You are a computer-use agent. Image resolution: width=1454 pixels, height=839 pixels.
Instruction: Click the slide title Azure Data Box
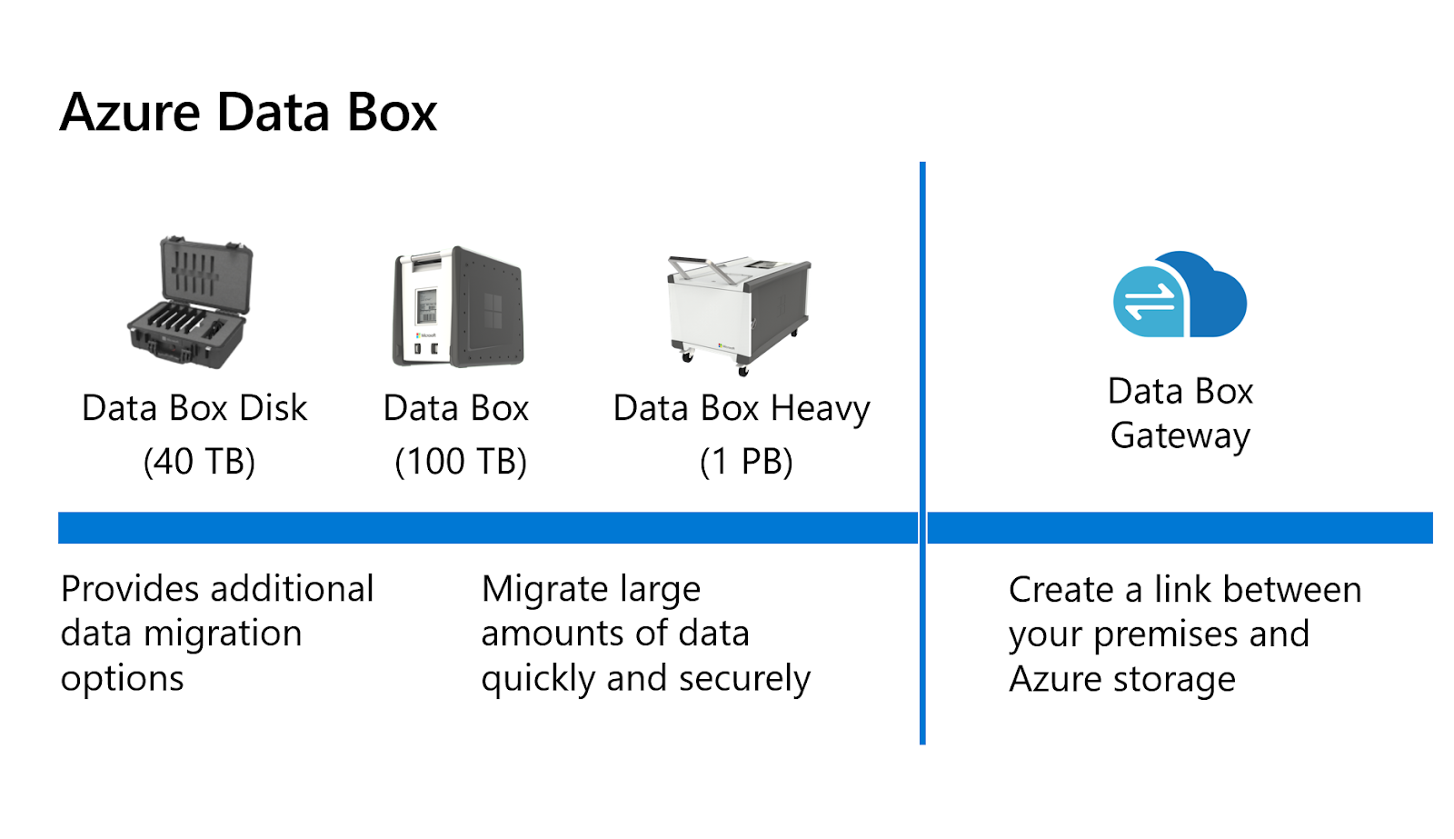[248, 113]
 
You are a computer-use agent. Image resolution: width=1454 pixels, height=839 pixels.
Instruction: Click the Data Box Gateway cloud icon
[1180, 295]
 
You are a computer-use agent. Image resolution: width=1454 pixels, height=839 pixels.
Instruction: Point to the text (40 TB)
[199, 462]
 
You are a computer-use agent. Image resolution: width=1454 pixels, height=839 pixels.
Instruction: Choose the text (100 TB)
[461, 462]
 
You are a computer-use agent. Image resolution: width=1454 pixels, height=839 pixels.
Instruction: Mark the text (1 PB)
[746, 462]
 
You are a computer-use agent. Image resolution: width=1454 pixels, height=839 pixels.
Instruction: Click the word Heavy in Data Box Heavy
[820, 409]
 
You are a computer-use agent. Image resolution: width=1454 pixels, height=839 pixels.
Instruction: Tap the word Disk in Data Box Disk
[273, 408]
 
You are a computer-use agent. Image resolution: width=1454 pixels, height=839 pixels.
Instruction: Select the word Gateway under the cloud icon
[1180, 436]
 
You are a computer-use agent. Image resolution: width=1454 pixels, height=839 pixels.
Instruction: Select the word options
[122, 679]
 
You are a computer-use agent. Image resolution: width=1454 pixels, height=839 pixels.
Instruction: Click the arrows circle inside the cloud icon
[1150, 303]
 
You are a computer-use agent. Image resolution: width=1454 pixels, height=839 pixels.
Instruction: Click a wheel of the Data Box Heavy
[742, 370]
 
